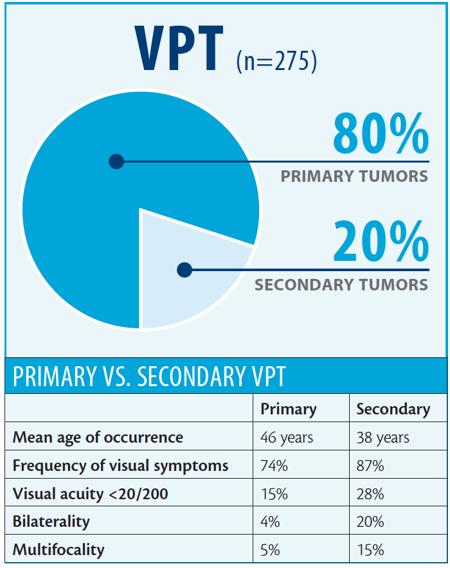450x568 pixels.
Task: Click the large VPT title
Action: coord(179,49)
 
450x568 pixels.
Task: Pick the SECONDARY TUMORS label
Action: coord(341,285)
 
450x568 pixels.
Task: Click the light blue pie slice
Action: coord(193,276)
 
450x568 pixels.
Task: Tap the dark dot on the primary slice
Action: coord(116,161)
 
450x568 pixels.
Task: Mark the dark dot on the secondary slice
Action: coord(184,269)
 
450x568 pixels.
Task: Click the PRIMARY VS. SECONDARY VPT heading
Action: coord(148,377)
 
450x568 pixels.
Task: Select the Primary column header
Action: coord(289,409)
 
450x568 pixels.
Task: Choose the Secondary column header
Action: coord(393,409)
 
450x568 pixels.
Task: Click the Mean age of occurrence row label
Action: coord(98,438)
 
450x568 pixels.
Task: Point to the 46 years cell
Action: coord(287,438)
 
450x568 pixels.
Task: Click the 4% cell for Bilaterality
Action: coord(270,522)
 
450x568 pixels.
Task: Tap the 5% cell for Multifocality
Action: coord(270,550)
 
